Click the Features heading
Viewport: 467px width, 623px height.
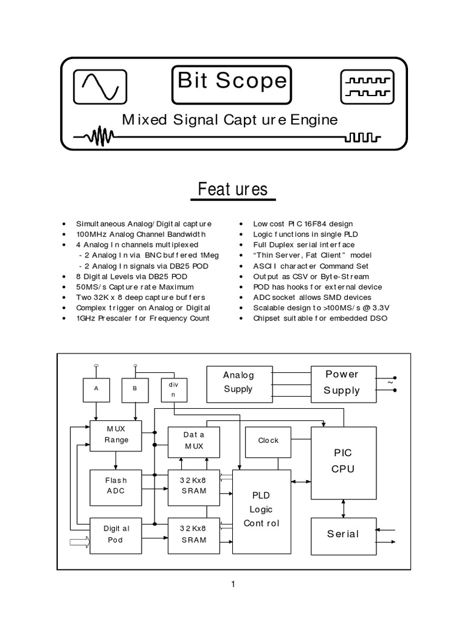234,189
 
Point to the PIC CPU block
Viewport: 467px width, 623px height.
342,461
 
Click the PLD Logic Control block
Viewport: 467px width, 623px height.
261,510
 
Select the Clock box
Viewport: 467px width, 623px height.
268,441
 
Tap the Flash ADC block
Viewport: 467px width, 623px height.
116,486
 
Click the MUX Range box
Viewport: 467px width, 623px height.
116,435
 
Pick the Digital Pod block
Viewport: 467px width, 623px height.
116,535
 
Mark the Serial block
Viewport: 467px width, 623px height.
342,534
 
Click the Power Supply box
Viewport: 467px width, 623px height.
342,383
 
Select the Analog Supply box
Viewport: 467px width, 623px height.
238,383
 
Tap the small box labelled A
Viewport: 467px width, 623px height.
95,389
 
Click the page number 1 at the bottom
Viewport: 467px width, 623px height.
233,585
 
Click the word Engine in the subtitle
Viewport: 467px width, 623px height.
314,120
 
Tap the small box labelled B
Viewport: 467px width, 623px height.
135,389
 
